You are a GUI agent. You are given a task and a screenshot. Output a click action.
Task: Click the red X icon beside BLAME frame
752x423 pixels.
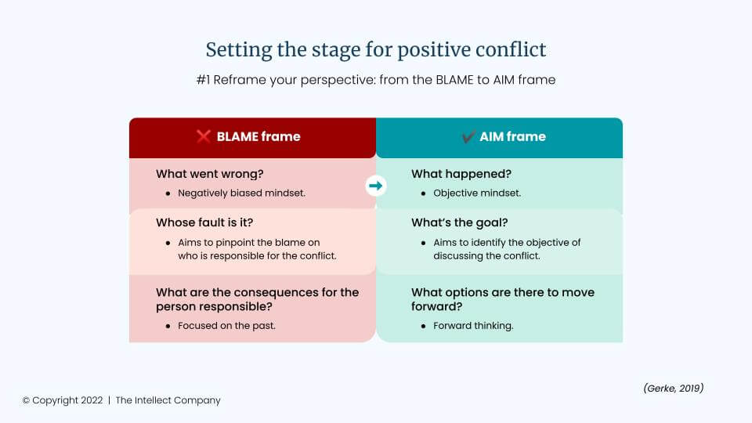coord(204,136)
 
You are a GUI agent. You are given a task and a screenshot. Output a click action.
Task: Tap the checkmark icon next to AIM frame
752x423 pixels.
coord(468,136)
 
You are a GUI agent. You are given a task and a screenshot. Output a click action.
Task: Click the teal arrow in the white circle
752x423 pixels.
coord(375,186)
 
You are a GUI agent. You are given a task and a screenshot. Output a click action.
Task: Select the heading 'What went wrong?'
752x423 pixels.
coord(210,174)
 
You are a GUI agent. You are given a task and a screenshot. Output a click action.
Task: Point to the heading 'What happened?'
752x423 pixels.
coord(461,174)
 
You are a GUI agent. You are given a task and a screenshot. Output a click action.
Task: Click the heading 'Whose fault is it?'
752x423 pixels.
coord(204,222)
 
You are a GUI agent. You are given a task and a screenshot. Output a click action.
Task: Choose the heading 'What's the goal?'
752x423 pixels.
coord(460,222)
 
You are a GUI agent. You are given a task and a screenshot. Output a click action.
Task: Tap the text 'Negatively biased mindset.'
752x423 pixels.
coord(242,193)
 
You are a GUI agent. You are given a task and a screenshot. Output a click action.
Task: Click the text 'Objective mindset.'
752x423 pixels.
coord(477,193)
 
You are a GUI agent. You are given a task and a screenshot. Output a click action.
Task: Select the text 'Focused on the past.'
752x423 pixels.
coord(227,326)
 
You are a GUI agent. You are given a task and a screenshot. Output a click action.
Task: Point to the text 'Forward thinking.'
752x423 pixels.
coord(473,326)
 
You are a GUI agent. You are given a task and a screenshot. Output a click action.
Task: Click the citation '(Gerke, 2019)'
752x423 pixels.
coord(674,388)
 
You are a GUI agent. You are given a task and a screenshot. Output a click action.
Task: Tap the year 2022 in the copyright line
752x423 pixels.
coord(92,400)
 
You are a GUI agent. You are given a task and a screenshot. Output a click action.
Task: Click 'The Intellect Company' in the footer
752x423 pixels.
coord(168,400)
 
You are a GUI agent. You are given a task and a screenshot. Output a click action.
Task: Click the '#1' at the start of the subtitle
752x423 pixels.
coord(204,80)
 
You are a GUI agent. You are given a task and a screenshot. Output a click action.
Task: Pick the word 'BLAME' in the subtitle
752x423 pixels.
coord(454,80)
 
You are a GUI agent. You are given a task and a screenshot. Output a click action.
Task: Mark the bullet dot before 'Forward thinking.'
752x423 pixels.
coord(424,326)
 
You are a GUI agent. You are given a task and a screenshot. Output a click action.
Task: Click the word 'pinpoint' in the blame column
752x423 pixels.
coord(249,243)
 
